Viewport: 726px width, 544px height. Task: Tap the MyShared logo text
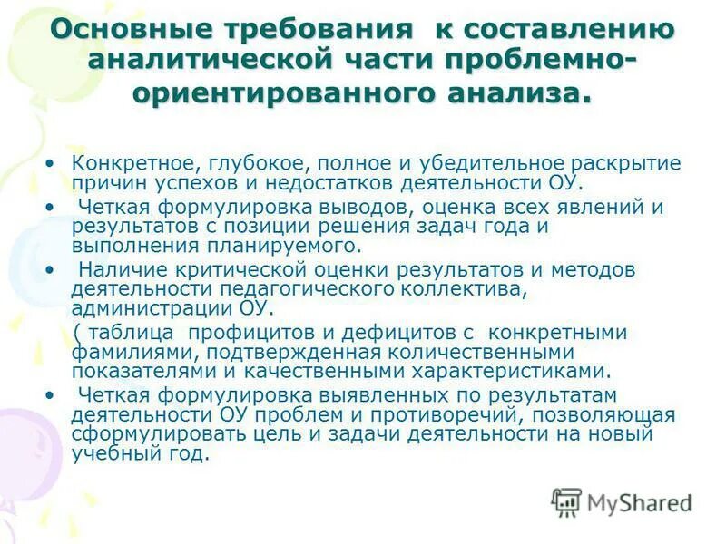coord(640,501)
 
